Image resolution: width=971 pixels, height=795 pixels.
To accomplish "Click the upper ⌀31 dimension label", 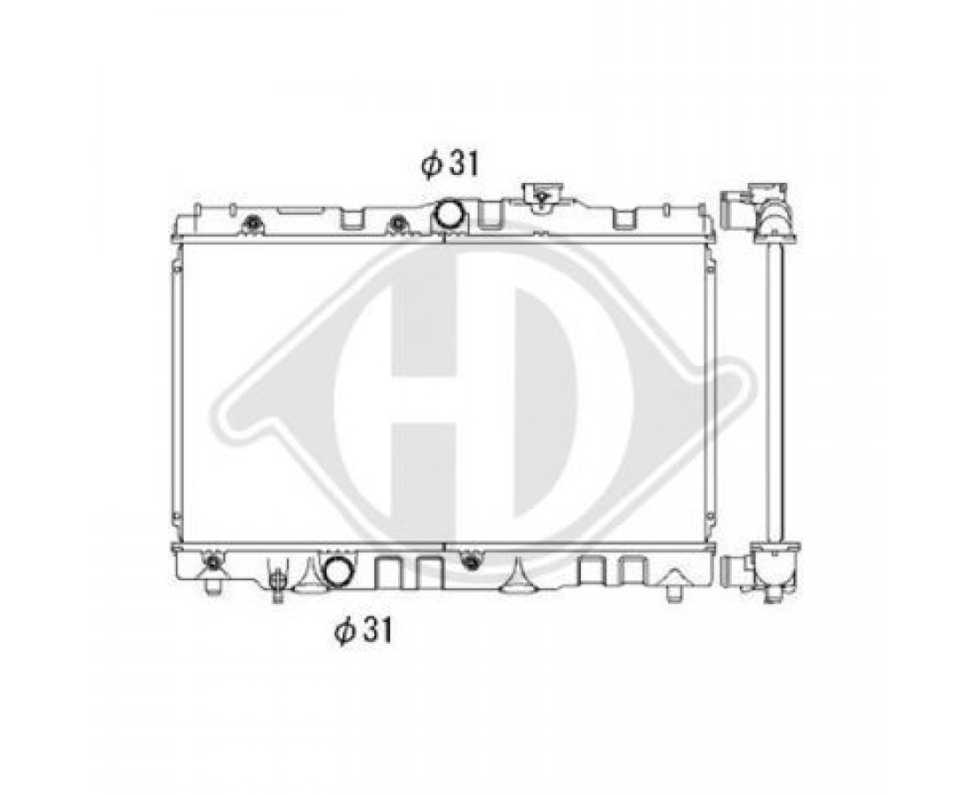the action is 450,164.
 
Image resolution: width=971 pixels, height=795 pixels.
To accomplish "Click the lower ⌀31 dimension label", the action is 364,632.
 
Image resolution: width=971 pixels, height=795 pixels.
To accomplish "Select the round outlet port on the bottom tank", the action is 338,570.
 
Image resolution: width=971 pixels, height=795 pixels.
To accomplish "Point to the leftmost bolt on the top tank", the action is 252,223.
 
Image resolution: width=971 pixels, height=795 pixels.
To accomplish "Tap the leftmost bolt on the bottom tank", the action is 213,563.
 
